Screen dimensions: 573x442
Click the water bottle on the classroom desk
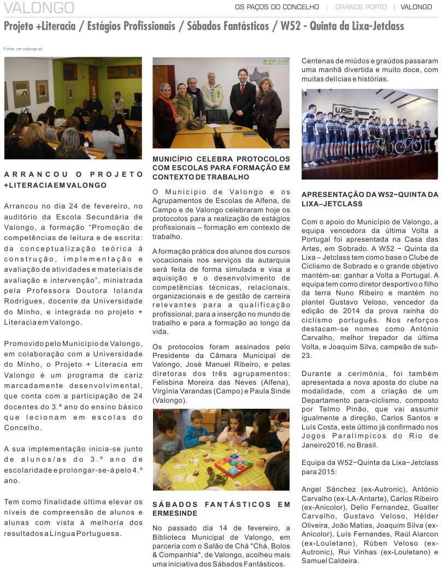click(x=86, y=146)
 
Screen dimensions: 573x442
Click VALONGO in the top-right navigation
click(x=416, y=7)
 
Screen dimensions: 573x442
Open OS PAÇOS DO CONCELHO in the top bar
click(x=276, y=7)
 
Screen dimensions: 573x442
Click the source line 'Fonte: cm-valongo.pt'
click(x=22, y=49)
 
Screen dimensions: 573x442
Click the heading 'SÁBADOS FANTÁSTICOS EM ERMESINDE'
click(x=221, y=509)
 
